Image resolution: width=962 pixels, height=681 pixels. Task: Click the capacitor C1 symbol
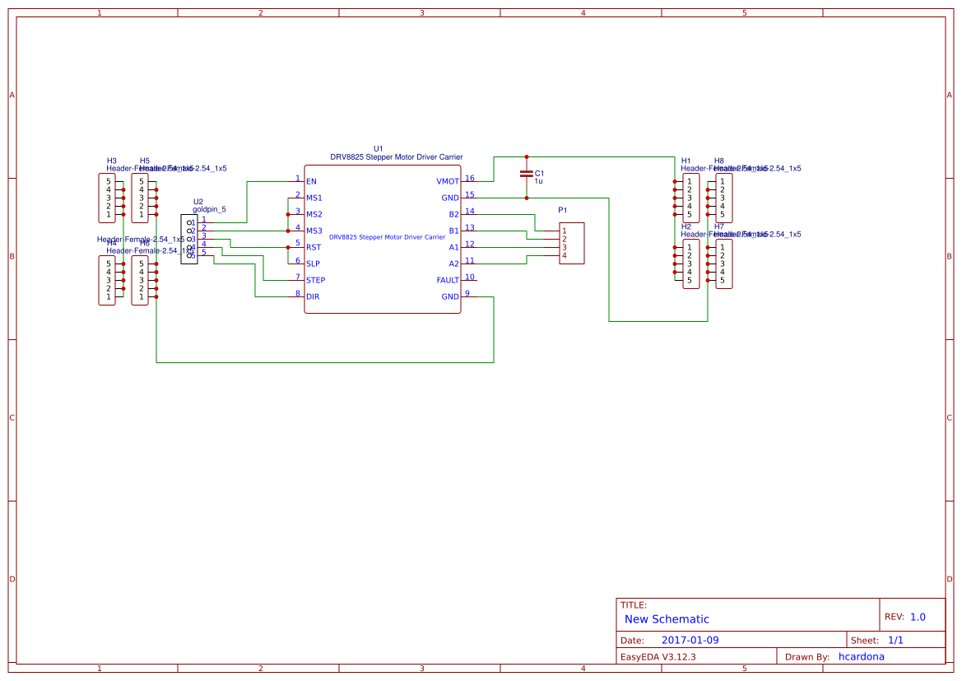tap(527, 174)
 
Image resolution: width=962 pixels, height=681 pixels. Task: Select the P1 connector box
tap(572, 243)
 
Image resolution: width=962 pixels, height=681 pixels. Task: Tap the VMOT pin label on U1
tap(448, 181)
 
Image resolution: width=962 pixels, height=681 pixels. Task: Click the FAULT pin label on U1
tap(448, 280)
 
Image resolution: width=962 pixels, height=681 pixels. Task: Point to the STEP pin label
tap(315, 280)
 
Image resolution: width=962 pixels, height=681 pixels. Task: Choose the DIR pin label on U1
tap(313, 296)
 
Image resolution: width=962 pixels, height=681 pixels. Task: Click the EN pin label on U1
tap(311, 181)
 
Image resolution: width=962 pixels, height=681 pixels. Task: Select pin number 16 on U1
tap(469, 178)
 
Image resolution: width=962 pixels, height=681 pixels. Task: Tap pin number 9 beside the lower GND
tap(467, 293)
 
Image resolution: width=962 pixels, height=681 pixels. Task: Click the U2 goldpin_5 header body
tap(189, 239)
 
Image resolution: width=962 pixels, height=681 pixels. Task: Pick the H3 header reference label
tap(112, 161)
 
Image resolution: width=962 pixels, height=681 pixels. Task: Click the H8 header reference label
tap(719, 161)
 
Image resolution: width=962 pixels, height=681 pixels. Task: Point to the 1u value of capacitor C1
tap(539, 180)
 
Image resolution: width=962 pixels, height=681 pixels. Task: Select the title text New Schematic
tap(667, 619)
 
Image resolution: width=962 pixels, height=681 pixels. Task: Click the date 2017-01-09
tap(690, 640)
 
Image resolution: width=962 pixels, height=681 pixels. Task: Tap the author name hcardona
tap(862, 656)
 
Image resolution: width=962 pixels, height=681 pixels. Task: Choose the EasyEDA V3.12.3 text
tap(658, 656)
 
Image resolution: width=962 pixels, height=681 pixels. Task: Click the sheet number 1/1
tap(895, 640)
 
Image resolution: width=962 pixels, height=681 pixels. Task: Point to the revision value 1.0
tap(918, 617)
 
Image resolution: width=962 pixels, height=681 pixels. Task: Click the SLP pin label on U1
tap(313, 264)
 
